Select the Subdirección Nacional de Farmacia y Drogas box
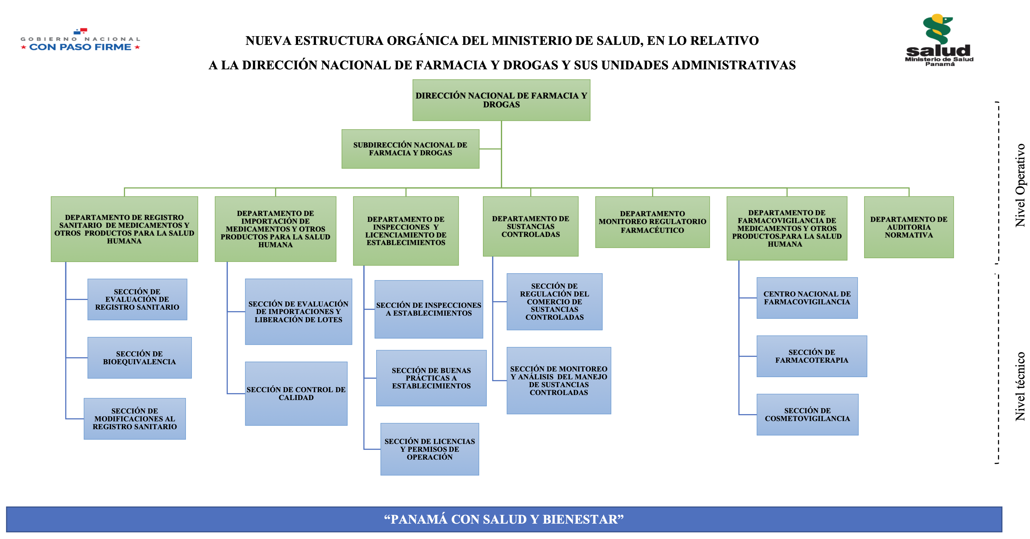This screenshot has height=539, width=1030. [x=410, y=149]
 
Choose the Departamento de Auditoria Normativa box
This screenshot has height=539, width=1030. [x=908, y=227]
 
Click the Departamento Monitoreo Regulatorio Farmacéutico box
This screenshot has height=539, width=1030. [x=652, y=222]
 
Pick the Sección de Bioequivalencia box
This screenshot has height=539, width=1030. [x=139, y=358]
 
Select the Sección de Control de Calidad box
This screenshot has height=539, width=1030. [x=296, y=393]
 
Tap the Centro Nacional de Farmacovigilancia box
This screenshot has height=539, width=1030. [x=807, y=298]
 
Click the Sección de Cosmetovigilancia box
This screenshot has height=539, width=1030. [x=807, y=414]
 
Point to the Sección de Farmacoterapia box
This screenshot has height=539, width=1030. [x=812, y=356]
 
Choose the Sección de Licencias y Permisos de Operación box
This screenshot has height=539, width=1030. [x=430, y=449]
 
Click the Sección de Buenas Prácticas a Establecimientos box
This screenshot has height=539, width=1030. [x=431, y=378]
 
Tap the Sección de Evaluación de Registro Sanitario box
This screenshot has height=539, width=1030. [x=137, y=299]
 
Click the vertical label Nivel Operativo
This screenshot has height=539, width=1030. [x=1020, y=185]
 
